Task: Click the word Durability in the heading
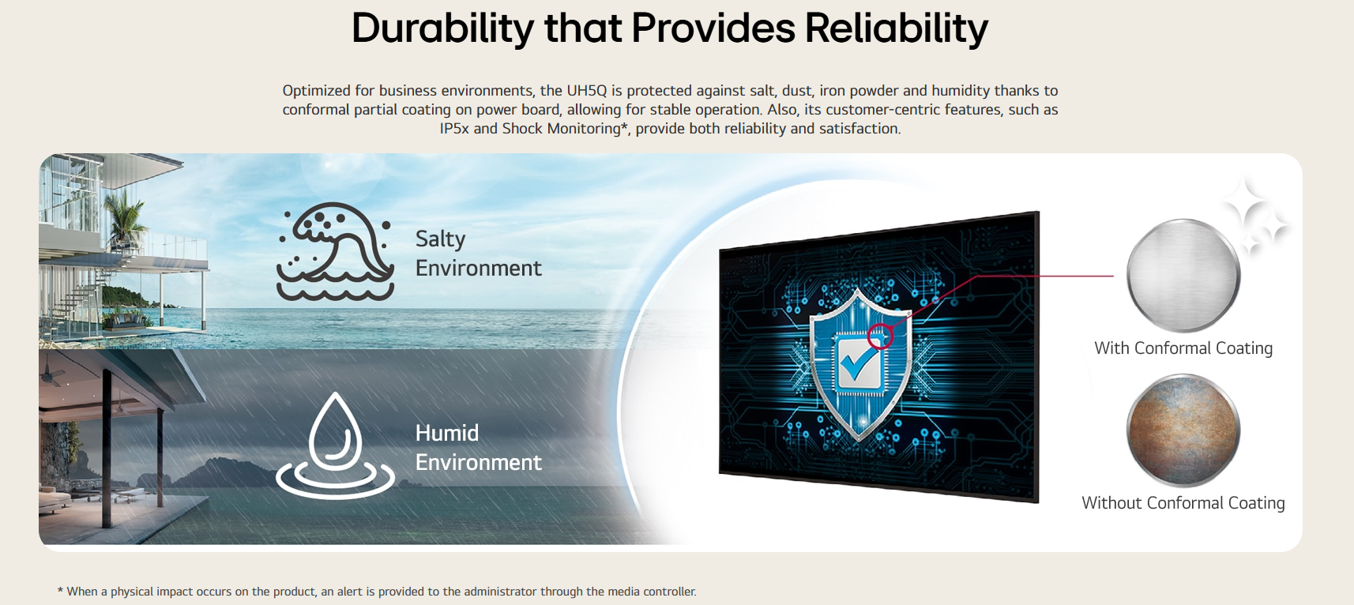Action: tap(442, 28)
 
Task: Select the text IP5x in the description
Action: tap(454, 129)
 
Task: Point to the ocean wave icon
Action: tap(336, 251)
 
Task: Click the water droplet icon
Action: tap(336, 445)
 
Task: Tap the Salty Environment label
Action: tap(478, 254)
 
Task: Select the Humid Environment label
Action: tap(478, 448)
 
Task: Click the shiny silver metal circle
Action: tap(1183, 275)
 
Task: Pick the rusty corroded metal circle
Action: tap(1183, 430)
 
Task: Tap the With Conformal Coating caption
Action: tap(1183, 348)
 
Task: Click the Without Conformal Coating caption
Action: tap(1183, 503)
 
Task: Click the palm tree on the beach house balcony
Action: tap(126, 215)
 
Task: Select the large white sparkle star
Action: tap(1244, 205)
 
